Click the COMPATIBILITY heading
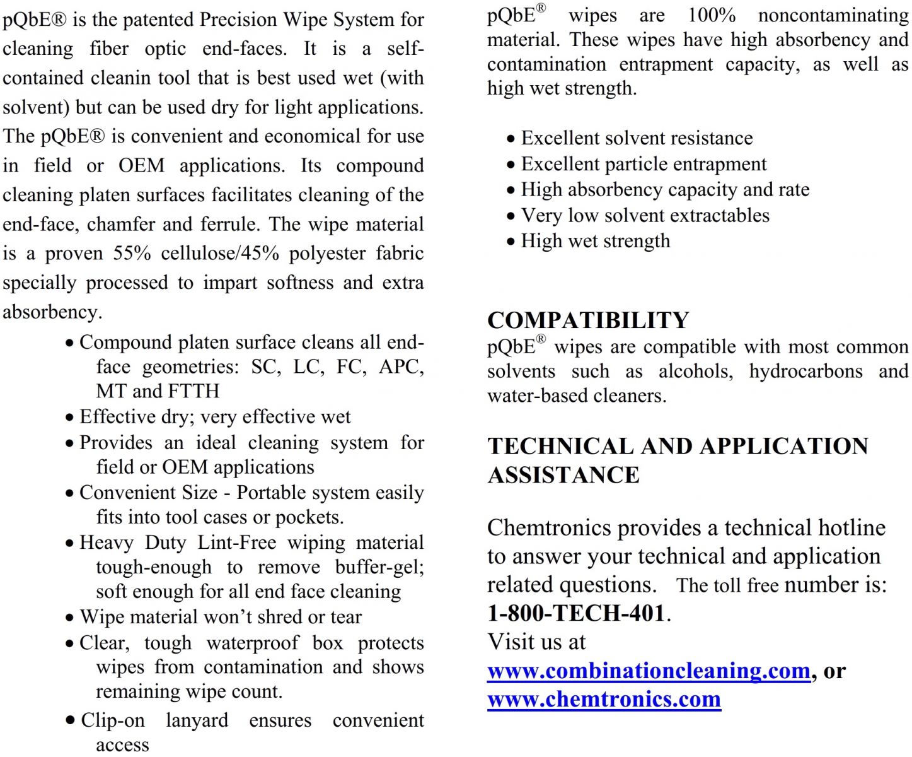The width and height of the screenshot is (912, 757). (x=588, y=320)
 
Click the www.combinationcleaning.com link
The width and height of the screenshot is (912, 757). (x=649, y=671)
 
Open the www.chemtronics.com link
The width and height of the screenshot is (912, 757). (x=604, y=699)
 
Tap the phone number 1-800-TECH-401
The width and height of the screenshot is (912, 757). (x=576, y=613)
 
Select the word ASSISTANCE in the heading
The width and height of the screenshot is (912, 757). (x=563, y=475)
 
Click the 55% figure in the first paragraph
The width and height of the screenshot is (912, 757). (x=132, y=253)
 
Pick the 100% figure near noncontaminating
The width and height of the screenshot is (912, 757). (x=711, y=15)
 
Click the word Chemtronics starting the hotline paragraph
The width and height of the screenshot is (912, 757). (x=549, y=527)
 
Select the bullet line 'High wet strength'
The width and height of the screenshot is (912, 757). (x=595, y=241)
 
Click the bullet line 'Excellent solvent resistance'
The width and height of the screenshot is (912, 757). (x=637, y=138)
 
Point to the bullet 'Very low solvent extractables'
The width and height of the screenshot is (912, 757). (x=645, y=216)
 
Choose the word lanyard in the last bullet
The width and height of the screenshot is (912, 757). (x=197, y=720)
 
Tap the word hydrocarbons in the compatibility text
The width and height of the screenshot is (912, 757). (x=805, y=371)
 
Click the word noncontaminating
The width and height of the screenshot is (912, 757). (x=833, y=15)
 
